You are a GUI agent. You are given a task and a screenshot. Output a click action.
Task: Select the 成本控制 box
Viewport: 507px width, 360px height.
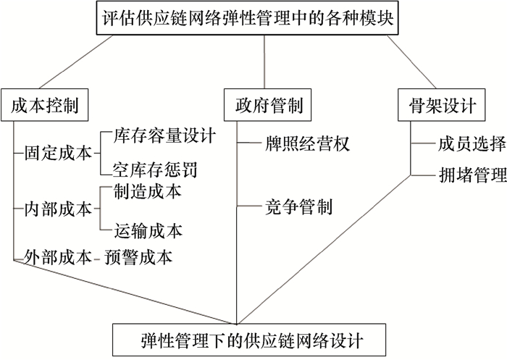(45, 106)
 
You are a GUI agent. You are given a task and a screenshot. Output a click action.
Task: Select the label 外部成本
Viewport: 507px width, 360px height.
(56, 257)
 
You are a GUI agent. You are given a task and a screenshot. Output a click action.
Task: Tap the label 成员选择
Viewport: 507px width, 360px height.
(471, 143)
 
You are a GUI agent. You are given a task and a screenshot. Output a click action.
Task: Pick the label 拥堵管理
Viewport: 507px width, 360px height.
(471, 175)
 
